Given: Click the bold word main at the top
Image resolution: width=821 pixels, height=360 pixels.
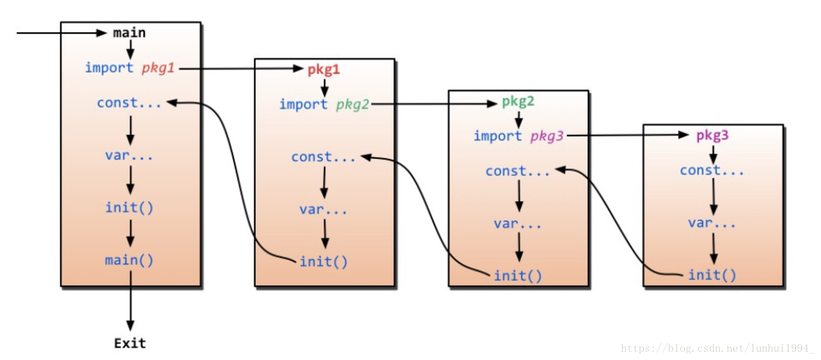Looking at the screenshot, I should point(129,33).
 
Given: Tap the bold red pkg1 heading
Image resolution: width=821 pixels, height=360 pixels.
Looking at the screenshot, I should point(324,70).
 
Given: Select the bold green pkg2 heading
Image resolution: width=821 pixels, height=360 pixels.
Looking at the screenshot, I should point(518,101).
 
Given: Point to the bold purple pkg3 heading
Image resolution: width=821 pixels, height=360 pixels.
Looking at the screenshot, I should point(713,135).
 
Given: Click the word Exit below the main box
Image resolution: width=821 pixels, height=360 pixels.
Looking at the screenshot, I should point(130,342).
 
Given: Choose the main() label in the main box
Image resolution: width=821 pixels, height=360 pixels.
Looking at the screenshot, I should point(129,260).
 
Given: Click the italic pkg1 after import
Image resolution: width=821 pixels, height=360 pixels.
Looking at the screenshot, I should point(158,68).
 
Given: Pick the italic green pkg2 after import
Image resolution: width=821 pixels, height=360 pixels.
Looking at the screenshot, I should point(352,105).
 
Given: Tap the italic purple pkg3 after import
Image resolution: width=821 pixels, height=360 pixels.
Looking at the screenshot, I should point(547,137).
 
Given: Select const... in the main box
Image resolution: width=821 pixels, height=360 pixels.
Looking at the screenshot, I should point(129,103).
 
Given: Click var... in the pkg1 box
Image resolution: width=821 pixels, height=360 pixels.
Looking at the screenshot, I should point(323,209).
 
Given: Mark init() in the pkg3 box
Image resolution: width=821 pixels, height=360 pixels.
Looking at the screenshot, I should point(712,274).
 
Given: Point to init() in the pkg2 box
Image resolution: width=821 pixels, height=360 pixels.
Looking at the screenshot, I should point(518,275).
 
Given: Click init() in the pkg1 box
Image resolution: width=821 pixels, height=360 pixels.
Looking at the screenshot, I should point(323,261).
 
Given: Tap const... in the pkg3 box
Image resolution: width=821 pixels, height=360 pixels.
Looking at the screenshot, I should point(712,171).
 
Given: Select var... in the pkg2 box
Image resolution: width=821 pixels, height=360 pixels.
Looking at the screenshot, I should point(518,223).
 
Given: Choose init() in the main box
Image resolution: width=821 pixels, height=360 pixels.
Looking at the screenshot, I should point(129,208).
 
